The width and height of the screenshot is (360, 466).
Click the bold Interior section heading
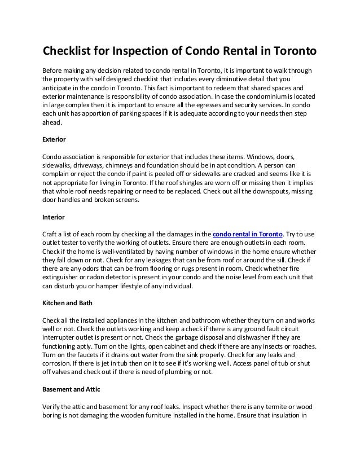click(x=54, y=217)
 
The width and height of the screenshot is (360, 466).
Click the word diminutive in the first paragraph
click(x=231, y=79)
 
